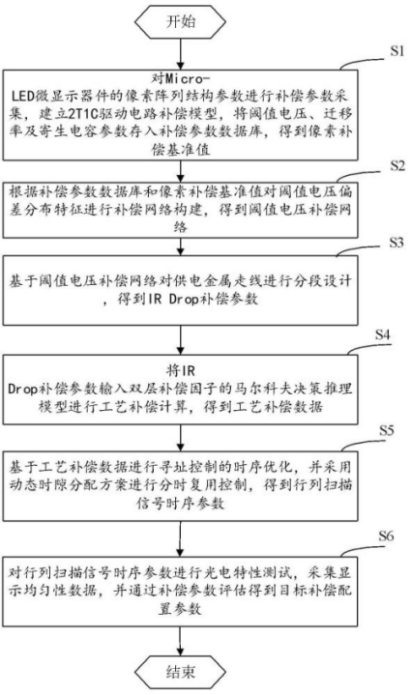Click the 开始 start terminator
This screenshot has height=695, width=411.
coord(180,22)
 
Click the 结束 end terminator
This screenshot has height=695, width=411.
coord(180,673)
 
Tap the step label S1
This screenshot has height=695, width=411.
coord(396,51)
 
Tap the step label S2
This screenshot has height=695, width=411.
coord(396,165)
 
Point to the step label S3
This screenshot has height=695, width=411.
coord(396,243)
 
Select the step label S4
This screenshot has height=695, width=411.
coord(382,333)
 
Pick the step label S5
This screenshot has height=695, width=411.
coord(386,430)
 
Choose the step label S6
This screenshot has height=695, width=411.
coord(386,536)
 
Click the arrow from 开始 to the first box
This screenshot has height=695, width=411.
coord(180,53)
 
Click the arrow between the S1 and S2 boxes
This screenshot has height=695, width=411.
coord(180,171)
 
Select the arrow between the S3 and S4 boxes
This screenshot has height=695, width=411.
coord(180,339)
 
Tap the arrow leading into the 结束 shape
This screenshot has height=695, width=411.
coord(180,642)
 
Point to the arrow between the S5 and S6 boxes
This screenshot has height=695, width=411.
coord(180,539)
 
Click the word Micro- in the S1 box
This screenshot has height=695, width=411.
coord(187,79)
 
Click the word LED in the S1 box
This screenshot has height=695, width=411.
coord(20,97)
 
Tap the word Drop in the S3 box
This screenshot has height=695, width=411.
coord(185,300)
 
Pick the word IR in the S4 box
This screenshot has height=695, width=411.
coord(187,370)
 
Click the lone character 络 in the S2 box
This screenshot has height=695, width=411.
coord(180,227)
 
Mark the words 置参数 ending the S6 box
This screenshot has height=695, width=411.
coord(180,609)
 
